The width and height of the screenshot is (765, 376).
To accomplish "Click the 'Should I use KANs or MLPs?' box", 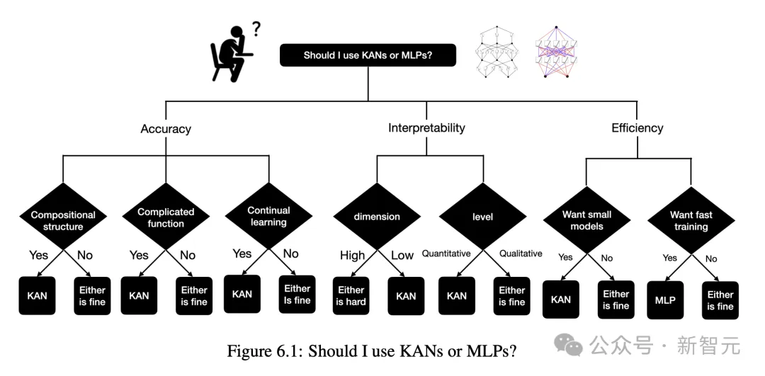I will click(368, 55).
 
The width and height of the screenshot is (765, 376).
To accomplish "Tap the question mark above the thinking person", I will click(256, 29).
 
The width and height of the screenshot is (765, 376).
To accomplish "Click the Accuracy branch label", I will click(166, 129).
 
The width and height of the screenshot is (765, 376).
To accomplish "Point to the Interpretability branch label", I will click(426, 128).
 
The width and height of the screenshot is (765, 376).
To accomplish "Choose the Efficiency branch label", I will click(637, 128).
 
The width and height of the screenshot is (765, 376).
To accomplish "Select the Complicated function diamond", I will click(166, 217).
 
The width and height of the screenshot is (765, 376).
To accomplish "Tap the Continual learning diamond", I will click(268, 216).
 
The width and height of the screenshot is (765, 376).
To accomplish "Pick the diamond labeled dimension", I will click(377, 217).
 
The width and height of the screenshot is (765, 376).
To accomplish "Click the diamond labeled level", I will click(482, 217).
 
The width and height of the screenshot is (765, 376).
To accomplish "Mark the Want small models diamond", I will click(586, 220).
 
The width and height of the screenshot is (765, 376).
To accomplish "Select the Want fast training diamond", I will click(691, 220).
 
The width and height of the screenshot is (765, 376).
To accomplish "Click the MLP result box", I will click(665, 300).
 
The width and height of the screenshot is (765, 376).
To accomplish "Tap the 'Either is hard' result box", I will click(351, 295).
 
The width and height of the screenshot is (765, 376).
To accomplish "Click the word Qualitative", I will click(521, 253).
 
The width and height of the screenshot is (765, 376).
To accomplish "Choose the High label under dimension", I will click(352, 255).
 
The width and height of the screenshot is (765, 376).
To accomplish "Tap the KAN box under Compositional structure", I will click(37, 295).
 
